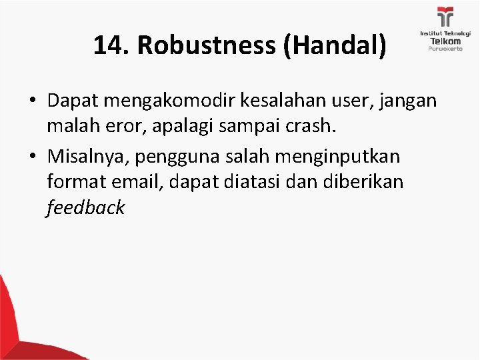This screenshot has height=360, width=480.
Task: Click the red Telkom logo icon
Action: tap(445, 17)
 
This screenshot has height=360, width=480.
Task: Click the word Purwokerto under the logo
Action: tap(445, 49)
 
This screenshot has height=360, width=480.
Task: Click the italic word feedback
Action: tap(85, 208)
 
